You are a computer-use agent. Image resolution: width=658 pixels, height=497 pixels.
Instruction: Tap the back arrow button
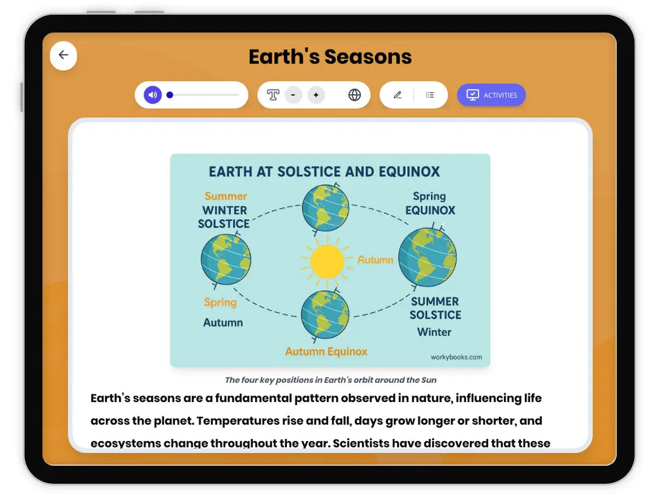pyautogui.click(x=63, y=56)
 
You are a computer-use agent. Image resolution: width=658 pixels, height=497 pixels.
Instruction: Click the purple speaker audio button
pyautogui.click(x=152, y=95)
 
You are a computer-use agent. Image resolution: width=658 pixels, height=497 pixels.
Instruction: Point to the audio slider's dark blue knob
pyautogui.click(x=169, y=95)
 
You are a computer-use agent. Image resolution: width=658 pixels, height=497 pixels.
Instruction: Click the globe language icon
pyautogui.click(x=354, y=95)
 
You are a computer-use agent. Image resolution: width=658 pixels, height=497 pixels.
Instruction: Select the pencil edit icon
pyautogui.click(x=398, y=95)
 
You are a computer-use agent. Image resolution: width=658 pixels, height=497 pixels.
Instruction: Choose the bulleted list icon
pyautogui.click(x=429, y=95)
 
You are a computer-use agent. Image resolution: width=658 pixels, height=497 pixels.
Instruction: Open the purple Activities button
pyautogui.click(x=491, y=95)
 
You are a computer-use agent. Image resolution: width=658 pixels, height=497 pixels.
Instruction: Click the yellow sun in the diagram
pyautogui.click(x=327, y=261)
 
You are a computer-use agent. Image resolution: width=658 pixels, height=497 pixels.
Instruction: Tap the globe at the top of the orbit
pyautogui.click(x=326, y=208)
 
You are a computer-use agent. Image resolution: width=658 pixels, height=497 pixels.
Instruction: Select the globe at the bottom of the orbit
pyautogui.click(x=325, y=315)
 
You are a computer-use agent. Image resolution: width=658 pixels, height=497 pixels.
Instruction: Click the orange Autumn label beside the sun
pyautogui.click(x=375, y=259)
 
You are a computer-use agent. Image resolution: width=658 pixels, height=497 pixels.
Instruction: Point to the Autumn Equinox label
pyautogui.click(x=326, y=351)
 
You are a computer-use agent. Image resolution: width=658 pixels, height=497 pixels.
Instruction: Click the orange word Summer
pyautogui.click(x=226, y=196)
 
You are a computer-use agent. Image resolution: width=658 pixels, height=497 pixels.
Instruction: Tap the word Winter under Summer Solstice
pyautogui.click(x=434, y=332)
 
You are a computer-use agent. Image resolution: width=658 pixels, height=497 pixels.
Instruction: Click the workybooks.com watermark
pyautogui.click(x=456, y=357)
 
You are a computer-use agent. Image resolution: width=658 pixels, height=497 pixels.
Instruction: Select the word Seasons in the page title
pyautogui.click(x=368, y=57)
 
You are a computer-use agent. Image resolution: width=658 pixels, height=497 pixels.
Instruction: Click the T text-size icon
pyautogui.click(x=273, y=95)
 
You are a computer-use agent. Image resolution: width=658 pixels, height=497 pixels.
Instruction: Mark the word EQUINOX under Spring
pyautogui.click(x=430, y=210)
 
